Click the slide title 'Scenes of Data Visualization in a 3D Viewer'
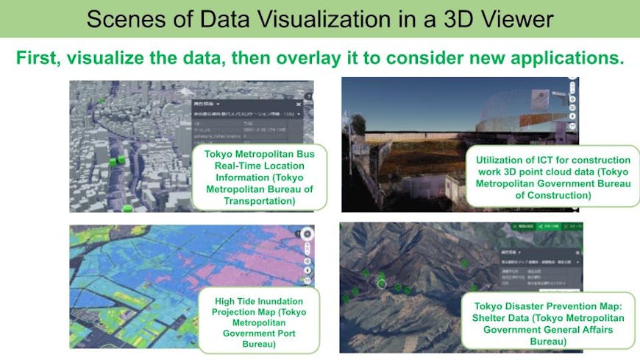(319, 19)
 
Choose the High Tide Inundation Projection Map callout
(260, 322)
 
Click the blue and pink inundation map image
(132, 294)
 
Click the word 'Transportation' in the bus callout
(252, 200)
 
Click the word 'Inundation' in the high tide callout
(285, 300)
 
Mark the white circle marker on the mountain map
(381, 282)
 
